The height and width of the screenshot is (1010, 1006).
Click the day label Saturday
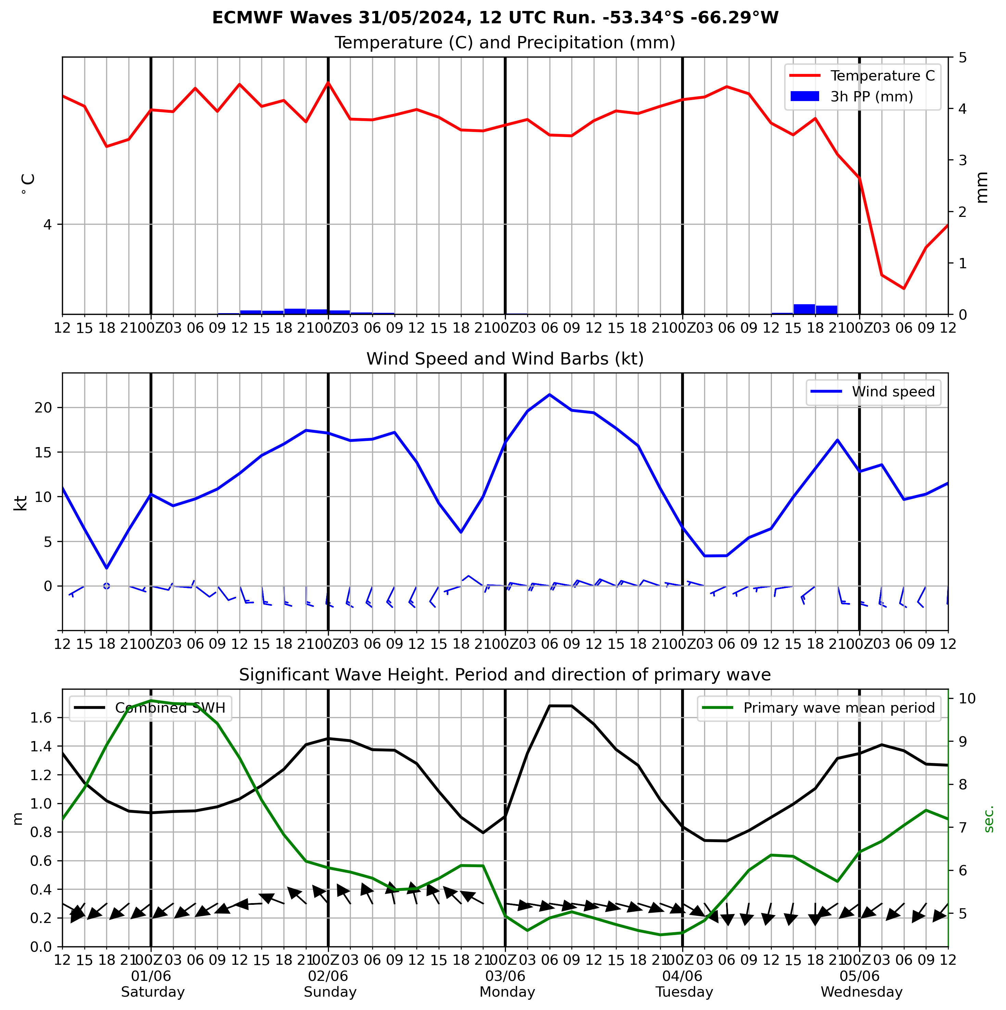click(153, 992)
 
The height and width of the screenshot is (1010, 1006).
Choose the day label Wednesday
click(861, 992)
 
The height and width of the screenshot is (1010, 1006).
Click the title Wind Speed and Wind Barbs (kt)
click(505, 359)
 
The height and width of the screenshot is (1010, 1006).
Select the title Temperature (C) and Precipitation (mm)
click(505, 43)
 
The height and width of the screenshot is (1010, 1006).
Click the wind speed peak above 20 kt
click(549, 395)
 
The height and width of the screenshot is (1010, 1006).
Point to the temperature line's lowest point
click(904, 288)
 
